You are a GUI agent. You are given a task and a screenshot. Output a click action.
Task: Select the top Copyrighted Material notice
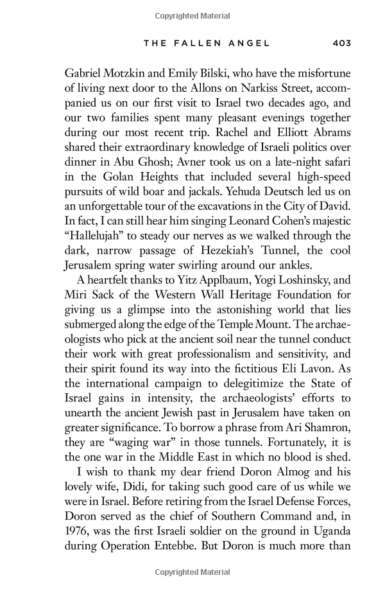(x=193, y=12)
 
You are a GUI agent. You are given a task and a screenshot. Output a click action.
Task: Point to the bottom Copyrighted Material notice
(x=193, y=572)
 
